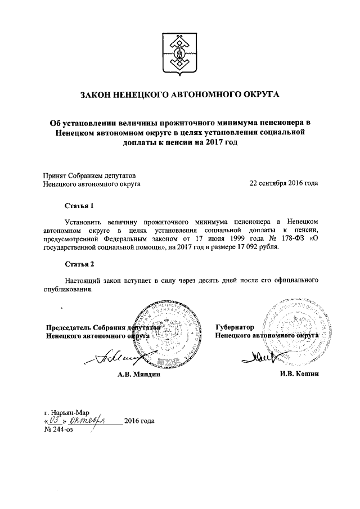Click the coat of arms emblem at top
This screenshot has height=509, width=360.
[180, 53]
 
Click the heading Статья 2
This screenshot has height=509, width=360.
[77, 264]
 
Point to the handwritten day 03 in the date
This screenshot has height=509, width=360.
[55, 421]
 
